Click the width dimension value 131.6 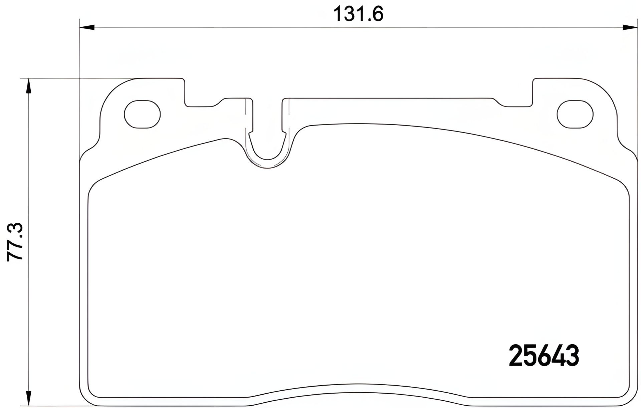point(358,14)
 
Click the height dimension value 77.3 point(15,241)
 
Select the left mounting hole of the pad point(142,114)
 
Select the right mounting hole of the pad point(575,114)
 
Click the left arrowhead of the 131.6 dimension point(87,27)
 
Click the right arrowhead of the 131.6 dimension point(630,27)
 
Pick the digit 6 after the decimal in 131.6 point(377,14)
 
